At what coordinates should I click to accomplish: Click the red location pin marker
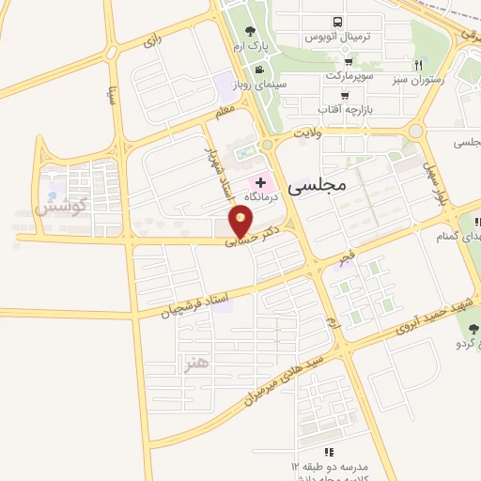[242, 223]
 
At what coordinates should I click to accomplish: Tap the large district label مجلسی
[319, 184]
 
